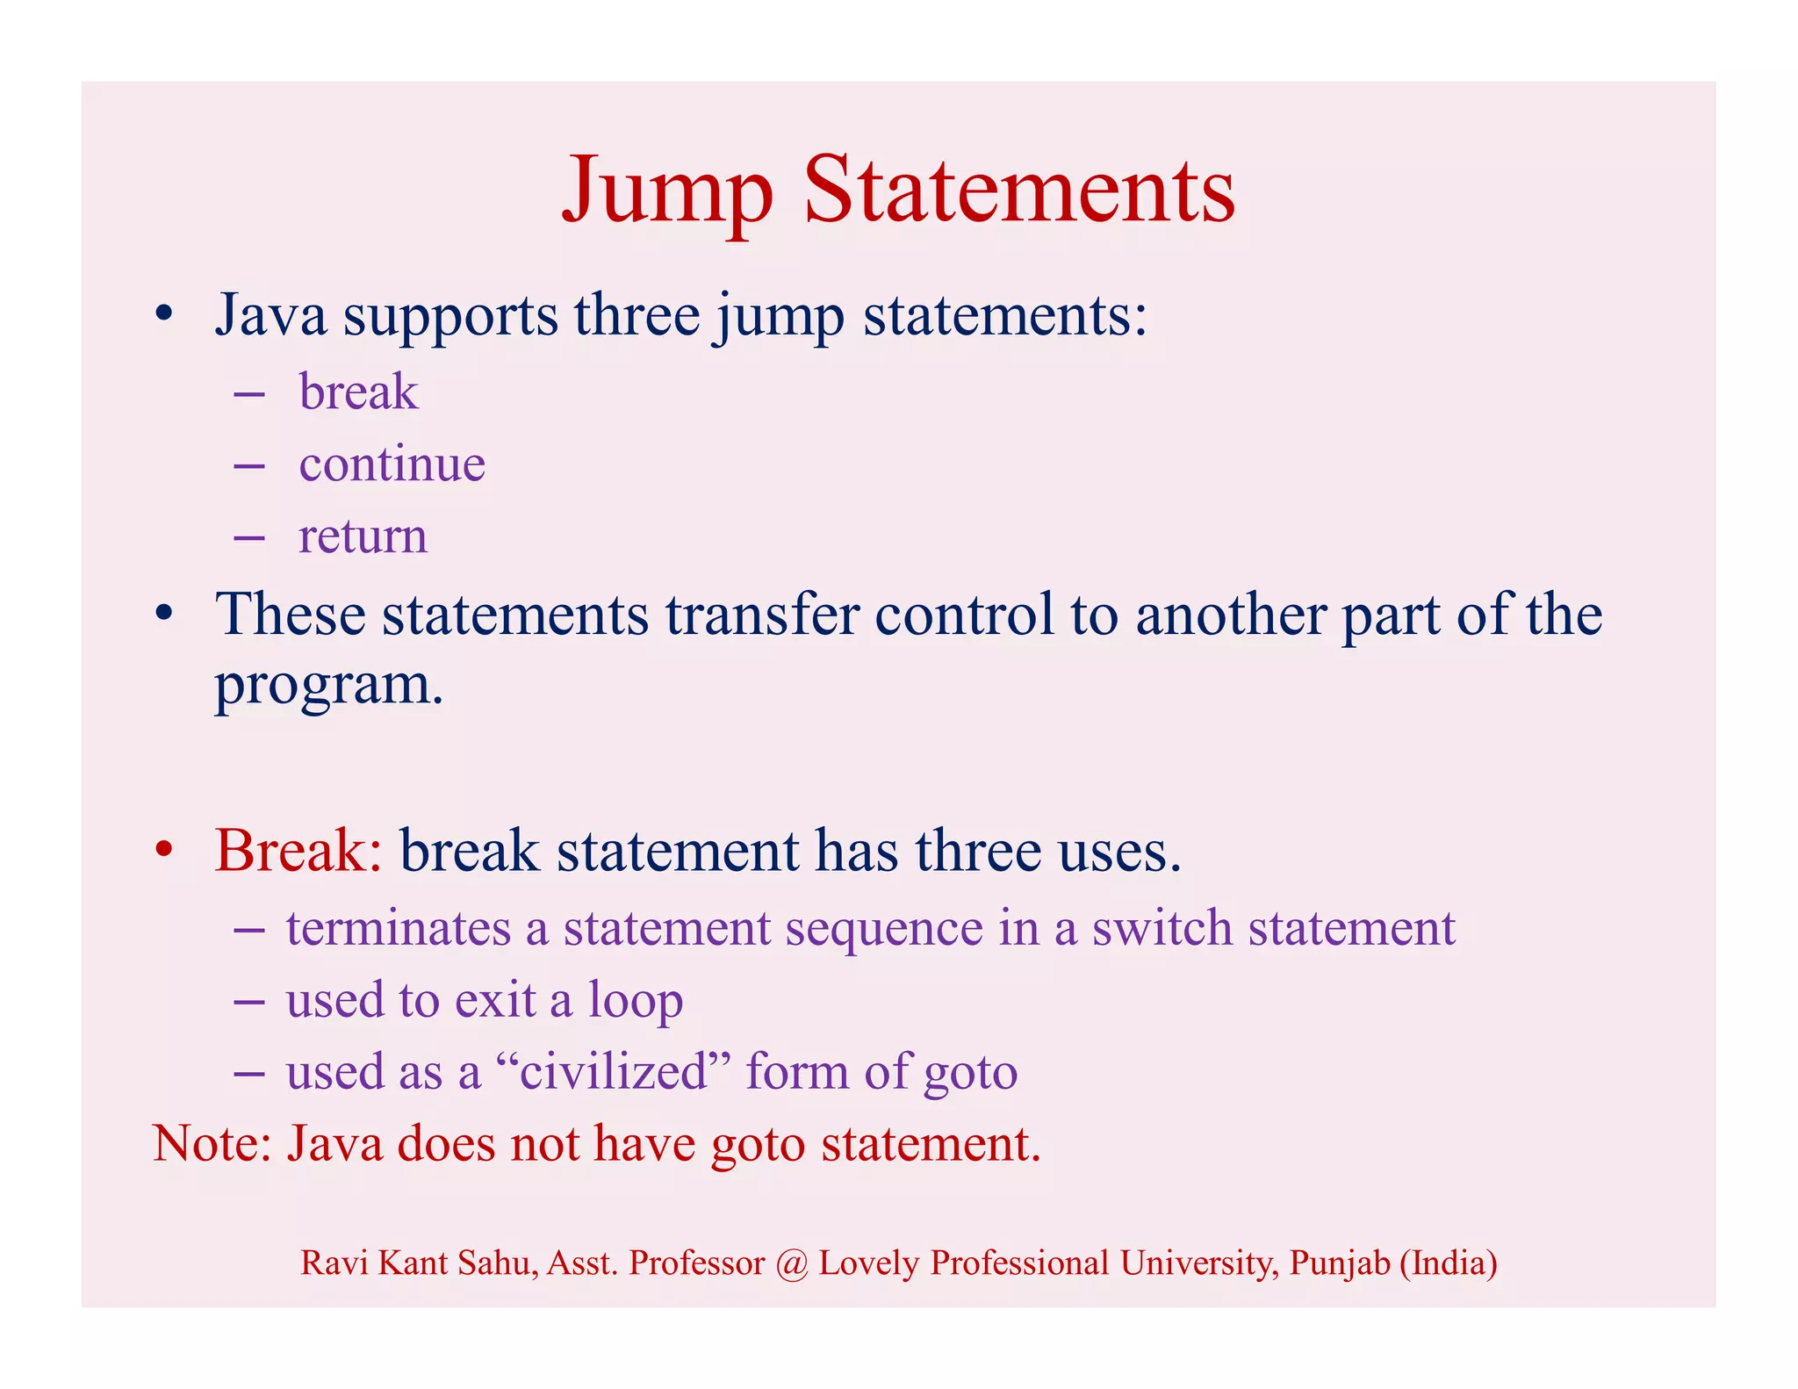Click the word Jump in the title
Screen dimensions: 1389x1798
tap(667, 191)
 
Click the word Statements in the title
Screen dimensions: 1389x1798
tap(1019, 191)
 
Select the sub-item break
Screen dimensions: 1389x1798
tap(358, 392)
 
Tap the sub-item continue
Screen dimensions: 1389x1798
tap(392, 464)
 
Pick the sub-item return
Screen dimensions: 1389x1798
tap(363, 536)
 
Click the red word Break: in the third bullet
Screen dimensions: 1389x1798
tap(298, 850)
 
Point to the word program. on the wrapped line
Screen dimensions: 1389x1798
tap(329, 685)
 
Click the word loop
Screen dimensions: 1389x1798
tap(635, 1001)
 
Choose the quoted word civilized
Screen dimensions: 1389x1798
tap(613, 1072)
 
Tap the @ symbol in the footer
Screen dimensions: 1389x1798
tap(792, 1263)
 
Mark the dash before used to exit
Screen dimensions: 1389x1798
tap(249, 1001)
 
